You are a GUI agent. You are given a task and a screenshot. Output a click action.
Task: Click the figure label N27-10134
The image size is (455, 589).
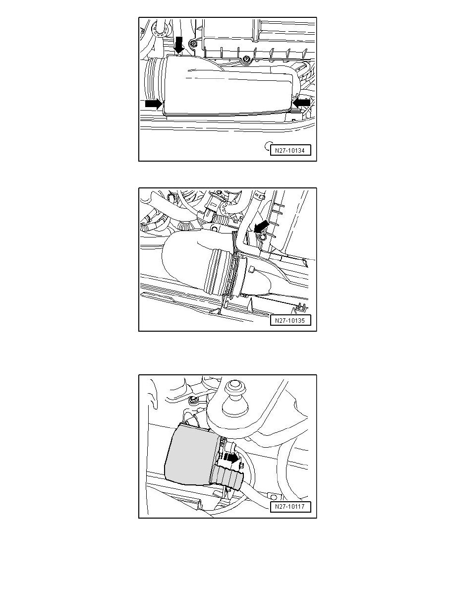[x=290, y=150]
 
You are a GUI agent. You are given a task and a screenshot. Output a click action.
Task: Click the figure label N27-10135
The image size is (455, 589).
[x=290, y=320]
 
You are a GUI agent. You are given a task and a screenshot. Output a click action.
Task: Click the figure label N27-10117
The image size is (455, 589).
[x=290, y=506]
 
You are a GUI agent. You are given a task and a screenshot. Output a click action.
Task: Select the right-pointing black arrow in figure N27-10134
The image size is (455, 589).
[x=154, y=104]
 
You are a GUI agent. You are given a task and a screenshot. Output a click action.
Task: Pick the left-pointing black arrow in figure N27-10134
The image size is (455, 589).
[x=301, y=103]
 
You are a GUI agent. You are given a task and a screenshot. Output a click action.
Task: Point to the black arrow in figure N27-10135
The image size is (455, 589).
[x=261, y=226]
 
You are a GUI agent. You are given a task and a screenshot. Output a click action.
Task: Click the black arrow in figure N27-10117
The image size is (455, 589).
[x=231, y=458]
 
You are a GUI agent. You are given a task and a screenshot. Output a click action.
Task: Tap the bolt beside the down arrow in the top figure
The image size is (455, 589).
[x=193, y=44]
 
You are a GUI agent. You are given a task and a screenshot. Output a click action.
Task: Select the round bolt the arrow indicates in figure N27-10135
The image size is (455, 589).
[x=262, y=236]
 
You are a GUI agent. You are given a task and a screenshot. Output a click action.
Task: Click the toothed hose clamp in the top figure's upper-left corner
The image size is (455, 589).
[x=159, y=30]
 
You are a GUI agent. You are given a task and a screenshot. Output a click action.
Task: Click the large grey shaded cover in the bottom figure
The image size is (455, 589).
[x=191, y=455]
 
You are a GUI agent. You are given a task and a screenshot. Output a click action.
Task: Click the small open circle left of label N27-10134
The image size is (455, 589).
[x=269, y=145]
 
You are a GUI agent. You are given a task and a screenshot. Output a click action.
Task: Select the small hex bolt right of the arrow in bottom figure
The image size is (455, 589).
[x=241, y=466]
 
